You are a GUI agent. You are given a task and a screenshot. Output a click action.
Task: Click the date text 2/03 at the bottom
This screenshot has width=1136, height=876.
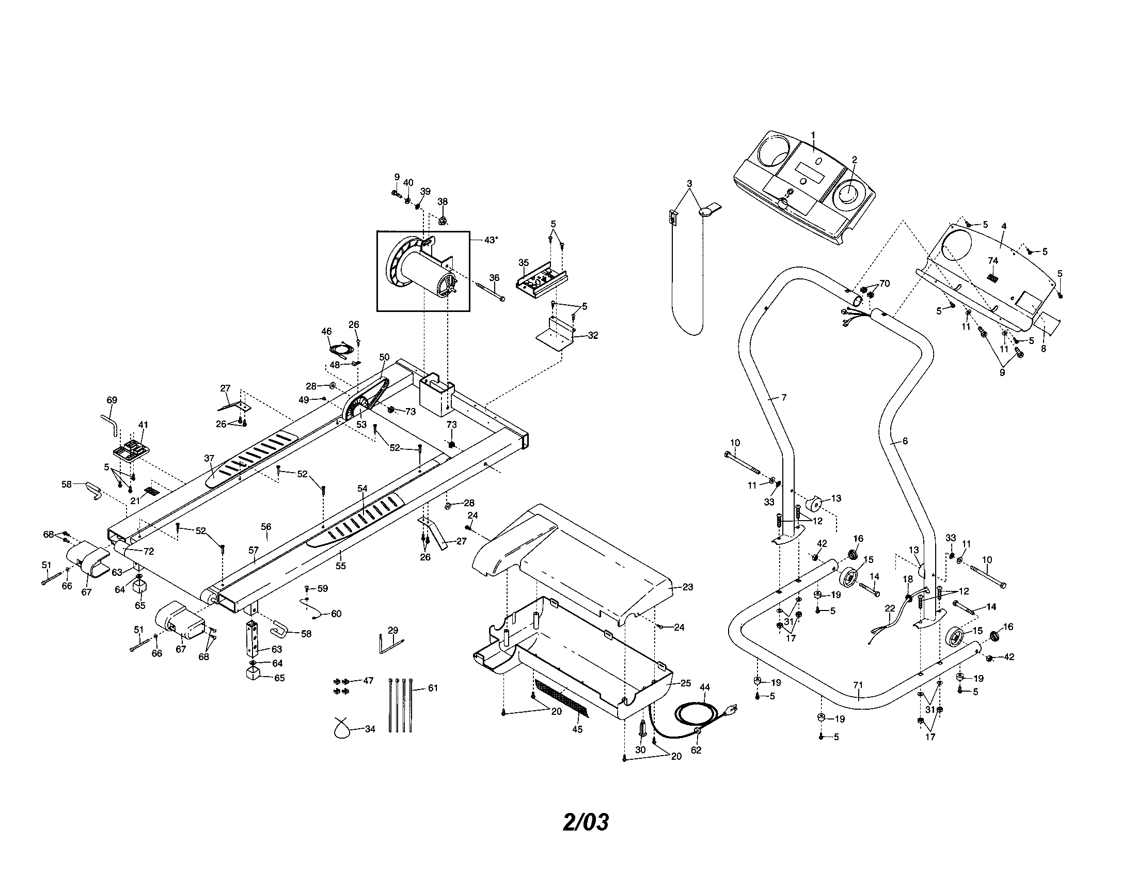point(586,822)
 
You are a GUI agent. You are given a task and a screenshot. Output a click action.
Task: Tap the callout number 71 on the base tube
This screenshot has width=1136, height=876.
point(858,684)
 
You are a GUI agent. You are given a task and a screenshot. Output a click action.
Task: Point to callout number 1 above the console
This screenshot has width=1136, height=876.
point(813,135)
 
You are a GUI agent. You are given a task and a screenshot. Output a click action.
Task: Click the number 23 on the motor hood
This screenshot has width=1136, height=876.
point(688,587)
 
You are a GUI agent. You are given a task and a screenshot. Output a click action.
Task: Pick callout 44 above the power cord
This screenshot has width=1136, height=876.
point(704,687)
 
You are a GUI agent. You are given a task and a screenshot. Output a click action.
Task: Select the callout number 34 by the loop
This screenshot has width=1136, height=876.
point(370,729)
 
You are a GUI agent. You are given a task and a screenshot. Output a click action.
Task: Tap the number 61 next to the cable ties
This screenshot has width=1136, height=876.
point(433,687)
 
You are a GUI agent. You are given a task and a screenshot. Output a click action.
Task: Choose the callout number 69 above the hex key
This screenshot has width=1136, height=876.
point(112,400)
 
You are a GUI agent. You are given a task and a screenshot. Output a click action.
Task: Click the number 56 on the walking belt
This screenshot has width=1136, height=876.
point(266,526)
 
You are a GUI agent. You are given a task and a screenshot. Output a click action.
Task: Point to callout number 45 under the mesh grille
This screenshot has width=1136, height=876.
point(577,729)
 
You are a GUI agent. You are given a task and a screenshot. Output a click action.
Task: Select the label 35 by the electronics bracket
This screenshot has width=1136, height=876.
point(524,262)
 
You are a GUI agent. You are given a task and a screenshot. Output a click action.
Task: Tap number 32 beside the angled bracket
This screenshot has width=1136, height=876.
point(592,336)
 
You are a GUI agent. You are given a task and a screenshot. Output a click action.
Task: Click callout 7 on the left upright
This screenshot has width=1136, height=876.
point(784,397)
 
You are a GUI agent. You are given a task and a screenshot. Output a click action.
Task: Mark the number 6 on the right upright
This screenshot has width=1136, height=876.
point(905,441)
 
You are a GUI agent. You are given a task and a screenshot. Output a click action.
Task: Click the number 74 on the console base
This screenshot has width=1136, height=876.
point(993,260)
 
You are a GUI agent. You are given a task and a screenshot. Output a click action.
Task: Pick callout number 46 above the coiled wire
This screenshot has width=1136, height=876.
point(326,331)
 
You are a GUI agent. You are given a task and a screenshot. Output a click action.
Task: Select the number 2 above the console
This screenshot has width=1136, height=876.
point(854,160)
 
